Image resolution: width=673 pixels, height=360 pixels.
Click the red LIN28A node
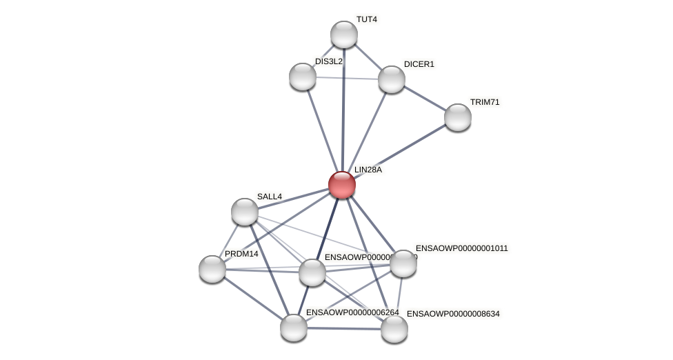(342, 185)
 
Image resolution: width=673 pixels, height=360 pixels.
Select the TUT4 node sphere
(344, 34)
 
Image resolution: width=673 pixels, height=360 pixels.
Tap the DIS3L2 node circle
(303, 77)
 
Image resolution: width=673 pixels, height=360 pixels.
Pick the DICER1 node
(392, 79)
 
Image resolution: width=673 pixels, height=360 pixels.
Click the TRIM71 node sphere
(458, 117)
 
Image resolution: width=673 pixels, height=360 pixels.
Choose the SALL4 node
(245, 212)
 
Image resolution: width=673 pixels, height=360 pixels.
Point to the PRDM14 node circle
(212, 269)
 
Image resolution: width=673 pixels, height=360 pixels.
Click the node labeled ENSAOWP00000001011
(403, 263)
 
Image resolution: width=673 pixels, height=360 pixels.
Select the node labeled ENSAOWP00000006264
(294, 328)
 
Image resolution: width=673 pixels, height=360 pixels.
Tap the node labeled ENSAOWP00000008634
(394, 329)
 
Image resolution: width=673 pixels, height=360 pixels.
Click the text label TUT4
(367, 19)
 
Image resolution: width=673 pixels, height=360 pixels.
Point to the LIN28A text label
(368, 170)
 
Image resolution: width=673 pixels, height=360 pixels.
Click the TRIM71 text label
(485, 102)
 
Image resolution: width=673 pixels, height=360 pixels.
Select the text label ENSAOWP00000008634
(453, 314)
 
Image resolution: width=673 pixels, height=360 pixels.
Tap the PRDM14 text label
(241, 254)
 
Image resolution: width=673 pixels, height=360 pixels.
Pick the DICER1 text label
(419, 64)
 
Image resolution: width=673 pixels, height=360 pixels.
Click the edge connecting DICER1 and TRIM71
(425, 98)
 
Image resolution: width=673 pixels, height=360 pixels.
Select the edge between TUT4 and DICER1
(368, 57)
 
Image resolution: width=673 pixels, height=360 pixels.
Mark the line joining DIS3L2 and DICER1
(347, 78)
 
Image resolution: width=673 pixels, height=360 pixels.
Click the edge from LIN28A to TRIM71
(400, 151)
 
